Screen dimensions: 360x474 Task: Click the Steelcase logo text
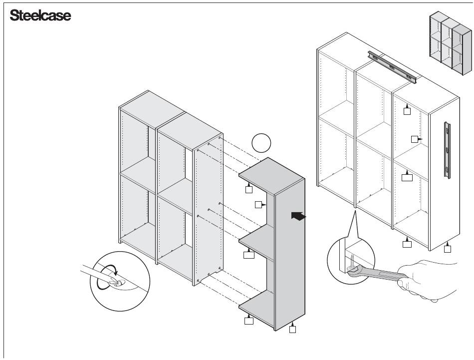pos(40,15)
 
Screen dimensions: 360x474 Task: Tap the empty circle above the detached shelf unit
pos(261,143)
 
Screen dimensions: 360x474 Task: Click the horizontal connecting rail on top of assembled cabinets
pos(392,66)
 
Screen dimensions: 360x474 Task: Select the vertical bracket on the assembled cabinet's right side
pos(448,149)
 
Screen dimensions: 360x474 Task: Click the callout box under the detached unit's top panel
pos(249,189)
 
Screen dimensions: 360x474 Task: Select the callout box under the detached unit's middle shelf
pos(249,255)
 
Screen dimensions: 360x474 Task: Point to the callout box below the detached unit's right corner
pos(293,330)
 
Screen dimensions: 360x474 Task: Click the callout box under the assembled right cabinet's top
pos(407,111)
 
